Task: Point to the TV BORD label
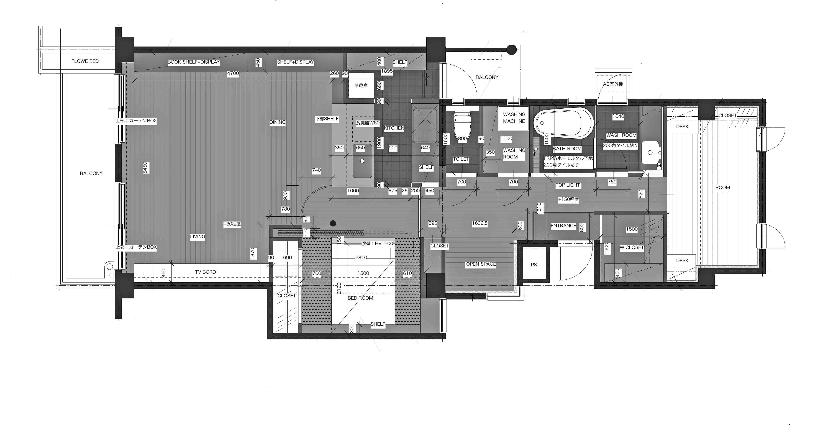(x=205, y=272)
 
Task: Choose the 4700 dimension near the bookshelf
(x=233, y=73)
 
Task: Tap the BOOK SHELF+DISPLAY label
(x=194, y=62)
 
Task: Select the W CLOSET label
(x=632, y=248)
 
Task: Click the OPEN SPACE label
(x=481, y=264)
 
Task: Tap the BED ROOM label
(x=360, y=298)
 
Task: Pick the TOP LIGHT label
(x=568, y=185)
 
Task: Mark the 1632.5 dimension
(x=480, y=223)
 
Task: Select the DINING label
(x=277, y=122)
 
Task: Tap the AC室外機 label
(x=613, y=84)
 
